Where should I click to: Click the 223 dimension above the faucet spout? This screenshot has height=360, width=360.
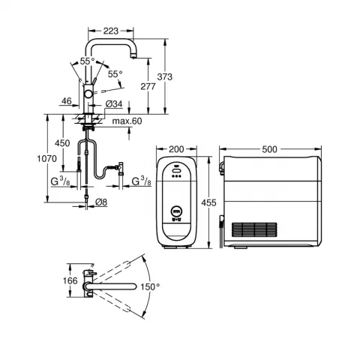pyautogui.click(x=111, y=31)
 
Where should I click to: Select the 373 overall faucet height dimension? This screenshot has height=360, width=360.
pyautogui.click(x=165, y=76)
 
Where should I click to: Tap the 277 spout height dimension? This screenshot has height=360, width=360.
pyautogui.click(x=148, y=86)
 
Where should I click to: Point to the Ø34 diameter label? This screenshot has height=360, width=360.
pyautogui.click(x=114, y=103)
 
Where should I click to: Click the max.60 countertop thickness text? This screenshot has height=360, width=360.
pyautogui.click(x=127, y=121)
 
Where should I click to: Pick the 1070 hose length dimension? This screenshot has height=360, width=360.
pyautogui.click(x=47, y=158)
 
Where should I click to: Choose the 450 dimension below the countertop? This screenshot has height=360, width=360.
pyautogui.click(x=62, y=143)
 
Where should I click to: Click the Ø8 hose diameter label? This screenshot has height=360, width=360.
pyautogui.click(x=101, y=202)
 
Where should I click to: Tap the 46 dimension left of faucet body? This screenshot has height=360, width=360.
pyautogui.click(x=67, y=101)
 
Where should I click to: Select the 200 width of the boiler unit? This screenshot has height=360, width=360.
pyautogui.click(x=176, y=149)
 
